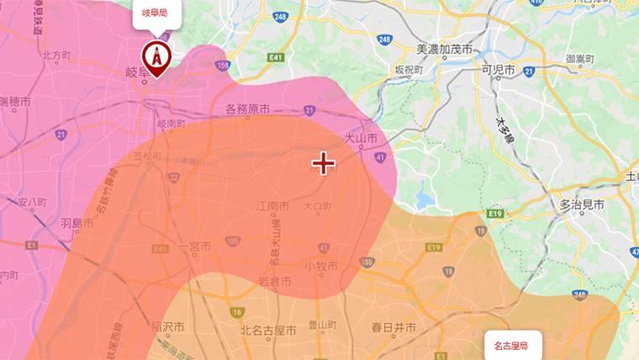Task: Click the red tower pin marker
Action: point(156,58)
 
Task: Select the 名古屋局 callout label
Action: point(513,346)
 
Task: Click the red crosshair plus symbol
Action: point(324,163)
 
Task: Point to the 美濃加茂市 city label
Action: point(445,50)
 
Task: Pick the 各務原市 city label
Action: point(247,109)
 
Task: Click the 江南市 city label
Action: point(273,206)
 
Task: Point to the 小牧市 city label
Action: point(320,266)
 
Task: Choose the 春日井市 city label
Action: point(393,327)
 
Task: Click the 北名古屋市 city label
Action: point(268,329)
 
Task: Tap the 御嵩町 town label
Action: point(580,59)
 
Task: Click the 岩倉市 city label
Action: point(275,281)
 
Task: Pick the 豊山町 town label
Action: point(322,324)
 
